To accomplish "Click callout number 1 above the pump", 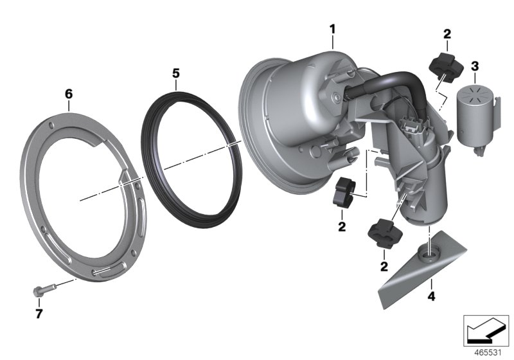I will click(332, 29).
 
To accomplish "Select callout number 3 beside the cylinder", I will click(474, 66).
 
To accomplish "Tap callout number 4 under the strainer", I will click(432, 297).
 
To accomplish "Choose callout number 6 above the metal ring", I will click(69, 94).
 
